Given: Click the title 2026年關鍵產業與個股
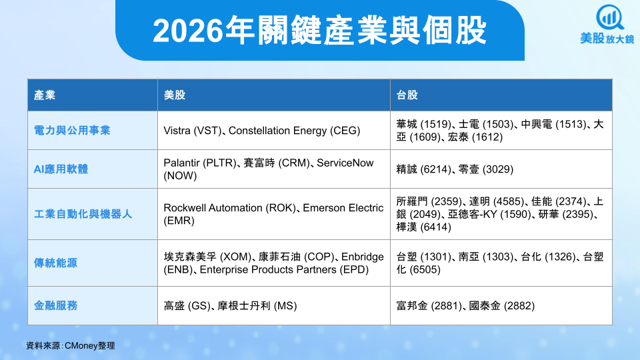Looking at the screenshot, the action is (319, 30).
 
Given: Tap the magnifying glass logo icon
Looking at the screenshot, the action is (609, 17).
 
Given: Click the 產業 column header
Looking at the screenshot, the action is (45, 95).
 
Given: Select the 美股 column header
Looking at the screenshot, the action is (174, 95).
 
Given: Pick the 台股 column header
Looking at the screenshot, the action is (407, 95).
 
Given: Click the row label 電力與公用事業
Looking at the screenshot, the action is (72, 130).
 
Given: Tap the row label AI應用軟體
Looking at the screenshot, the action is (61, 169).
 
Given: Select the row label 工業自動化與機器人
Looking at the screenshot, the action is (83, 214).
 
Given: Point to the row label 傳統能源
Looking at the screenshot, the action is (55, 263).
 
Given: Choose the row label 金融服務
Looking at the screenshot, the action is (55, 305).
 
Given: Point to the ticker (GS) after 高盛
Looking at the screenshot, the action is (199, 306).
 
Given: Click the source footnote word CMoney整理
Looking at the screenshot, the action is (90, 346).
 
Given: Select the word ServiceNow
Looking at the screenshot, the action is (345, 163).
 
